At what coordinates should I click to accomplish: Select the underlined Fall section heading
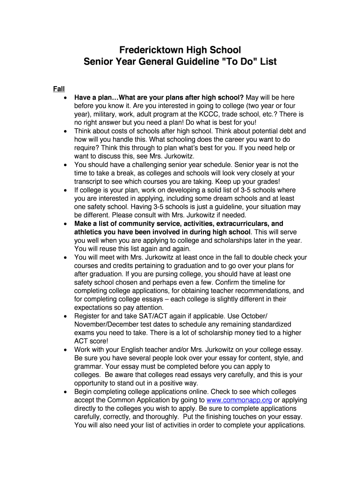pyautogui.click(x=59, y=89)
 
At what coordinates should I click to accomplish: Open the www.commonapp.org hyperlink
pyautogui.click(x=239, y=400)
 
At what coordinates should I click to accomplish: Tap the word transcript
pyautogui.click(x=90, y=181)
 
